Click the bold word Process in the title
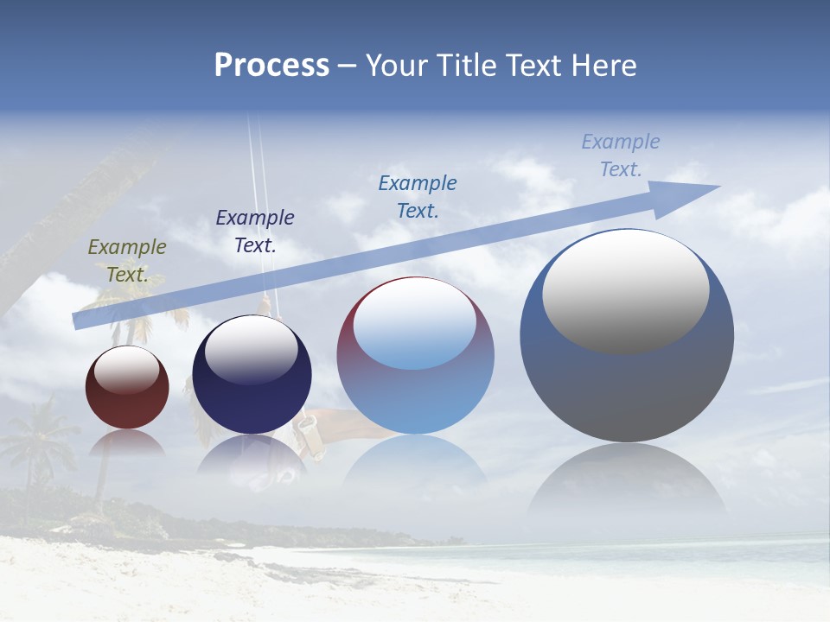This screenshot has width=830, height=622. [271, 66]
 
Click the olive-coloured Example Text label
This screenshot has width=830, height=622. [127, 261]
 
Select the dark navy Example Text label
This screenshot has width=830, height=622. [255, 232]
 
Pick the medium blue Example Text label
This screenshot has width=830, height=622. [418, 196]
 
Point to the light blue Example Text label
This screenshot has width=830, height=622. [621, 155]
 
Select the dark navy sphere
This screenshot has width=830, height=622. [252, 402]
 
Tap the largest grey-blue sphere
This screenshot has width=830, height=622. [627, 389]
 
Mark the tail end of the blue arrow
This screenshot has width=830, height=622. [78, 321]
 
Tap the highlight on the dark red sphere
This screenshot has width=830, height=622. [126, 371]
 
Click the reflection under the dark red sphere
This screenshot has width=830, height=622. [127, 443]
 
